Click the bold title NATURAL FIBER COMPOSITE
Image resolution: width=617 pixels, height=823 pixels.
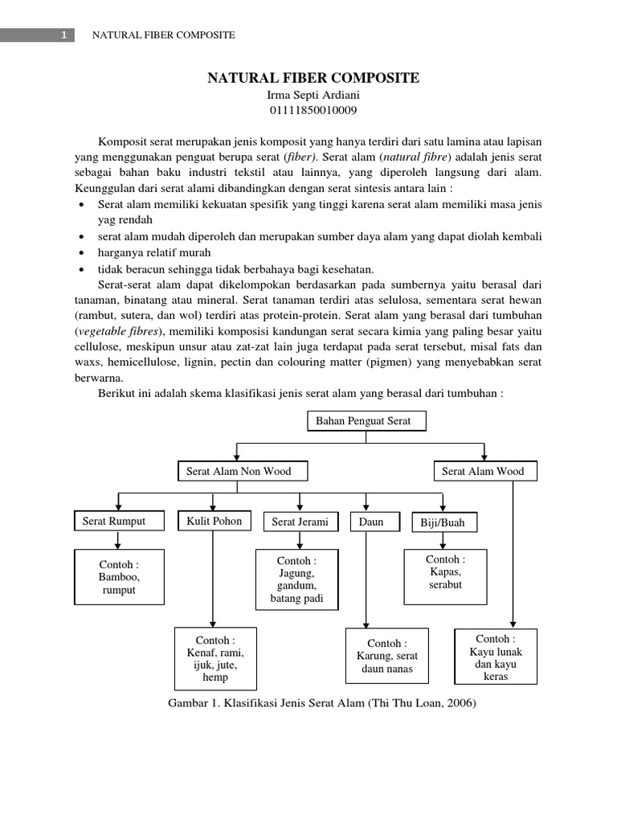pyautogui.click(x=313, y=78)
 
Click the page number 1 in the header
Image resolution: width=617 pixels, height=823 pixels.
pyautogui.click(x=63, y=35)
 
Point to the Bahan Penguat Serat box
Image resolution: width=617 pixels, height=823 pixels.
pyautogui.click(x=366, y=421)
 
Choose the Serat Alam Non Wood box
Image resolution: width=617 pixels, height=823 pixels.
pyautogui.click(x=239, y=471)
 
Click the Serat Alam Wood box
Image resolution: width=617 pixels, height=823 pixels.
pyautogui.click(x=483, y=471)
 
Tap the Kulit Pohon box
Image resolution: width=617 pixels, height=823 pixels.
pyautogui.click(x=214, y=521)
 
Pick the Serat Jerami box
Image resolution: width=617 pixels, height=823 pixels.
pyautogui.click(x=300, y=522)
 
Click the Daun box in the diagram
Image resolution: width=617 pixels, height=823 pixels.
pyautogui.click(x=371, y=522)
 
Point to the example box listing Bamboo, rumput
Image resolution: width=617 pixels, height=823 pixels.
pyautogui.click(x=118, y=577)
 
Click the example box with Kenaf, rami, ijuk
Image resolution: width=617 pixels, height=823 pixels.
pyautogui.click(x=215, y=659)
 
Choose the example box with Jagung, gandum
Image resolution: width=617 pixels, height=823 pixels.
pyautogui.click(x=296, y=579)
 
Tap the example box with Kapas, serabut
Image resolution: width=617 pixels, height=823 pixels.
pyautogui.click(x=445, y=577)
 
